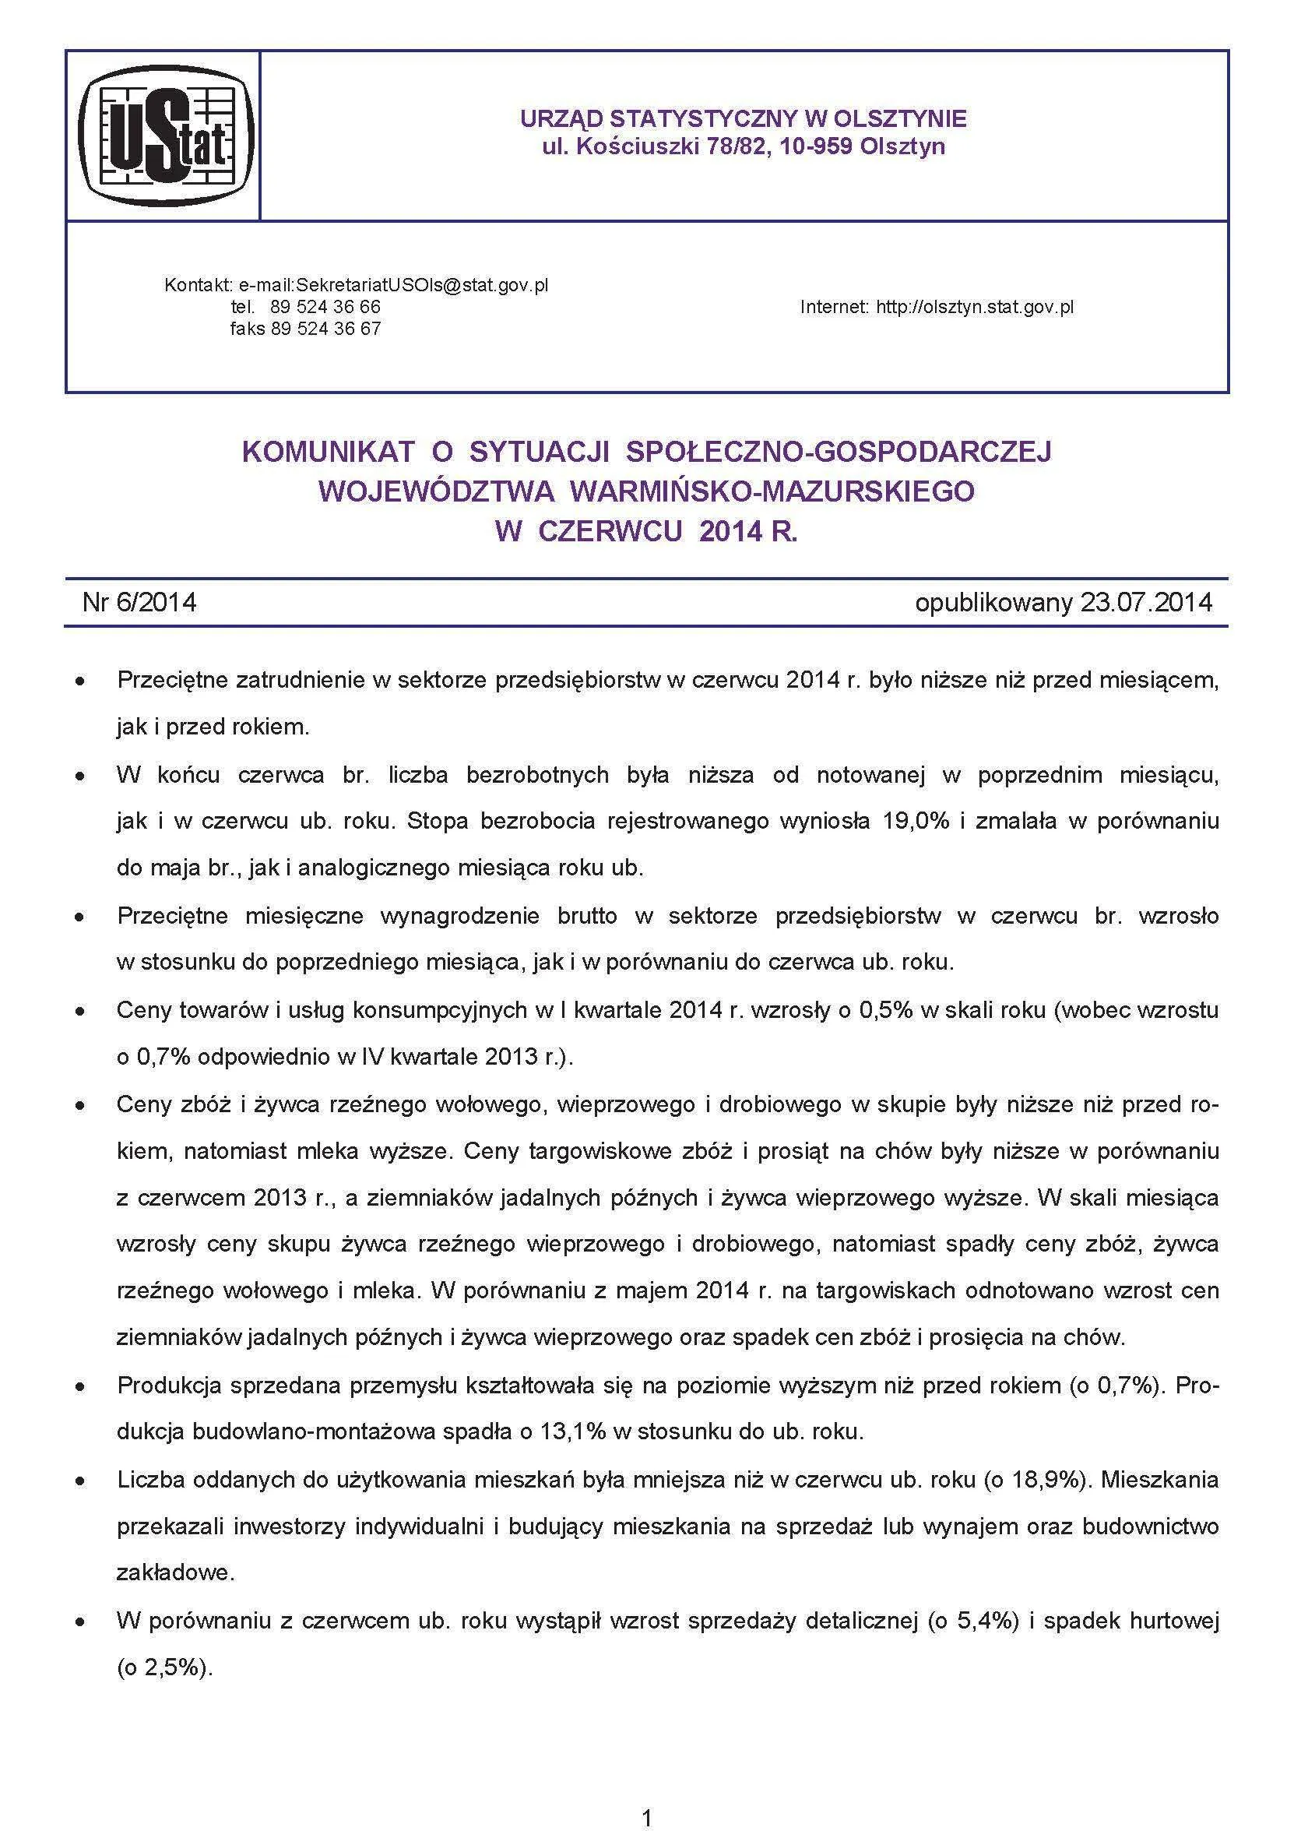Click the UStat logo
tap(165, 136)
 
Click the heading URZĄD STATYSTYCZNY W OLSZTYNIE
tap(743, 119)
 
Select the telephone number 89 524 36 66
tap(325, 306)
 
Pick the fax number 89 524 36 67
tap(325, 328)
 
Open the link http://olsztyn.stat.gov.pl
tap(974, 306)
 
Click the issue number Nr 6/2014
tap(139, 601)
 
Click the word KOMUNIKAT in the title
tap(327, 452)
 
